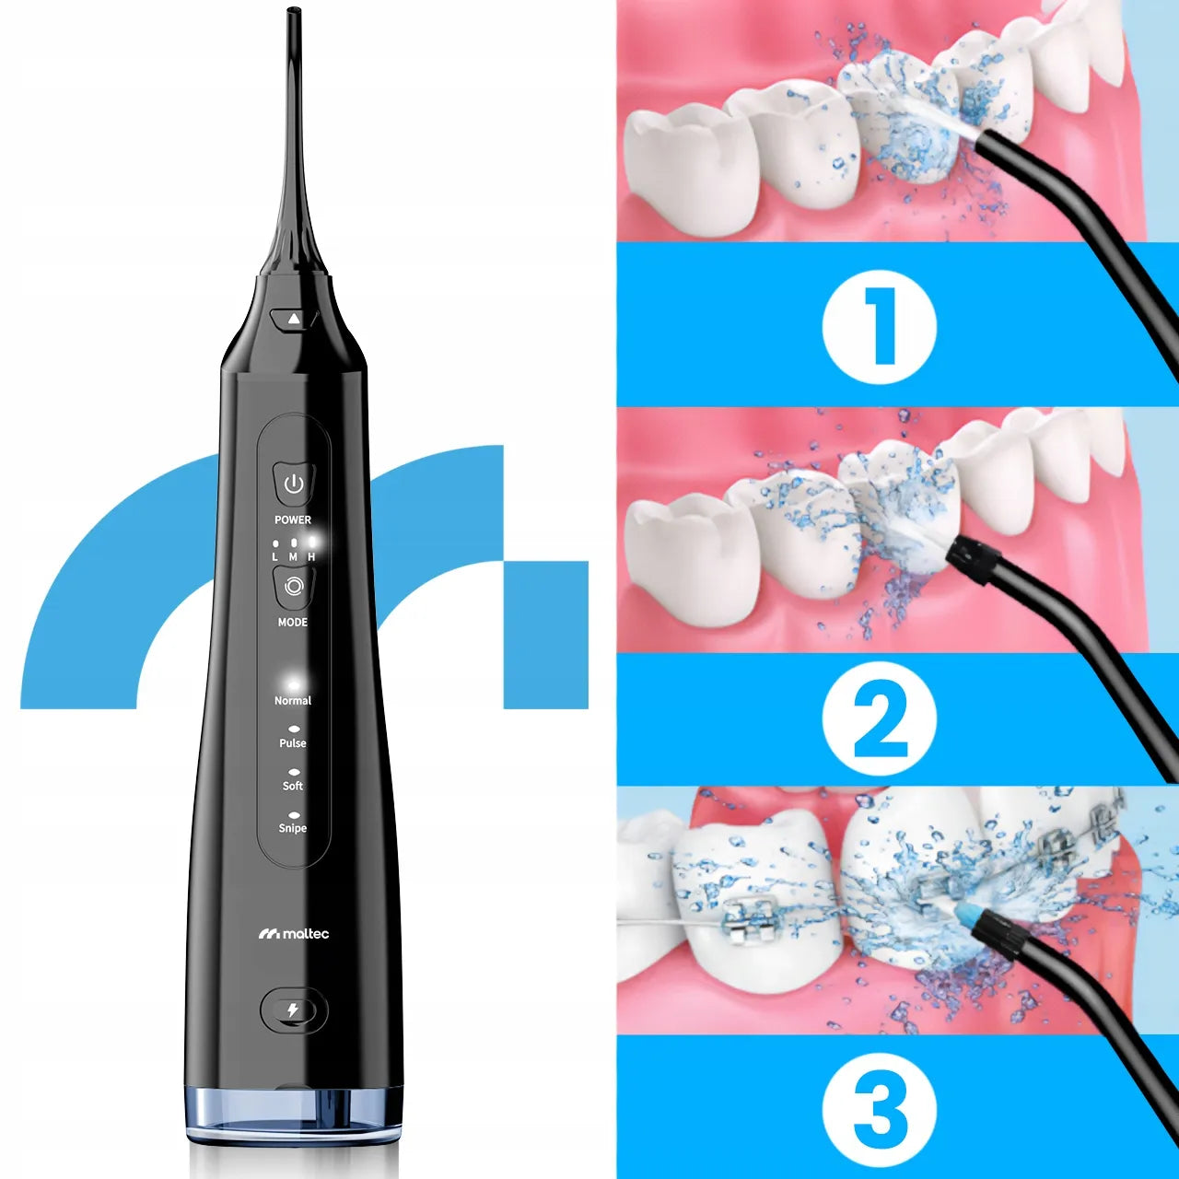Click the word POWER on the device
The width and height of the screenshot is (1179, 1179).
click(293, 520)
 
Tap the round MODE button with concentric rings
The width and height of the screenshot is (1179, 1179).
click(294, 587)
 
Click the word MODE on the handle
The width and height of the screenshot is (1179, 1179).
click(293, 623)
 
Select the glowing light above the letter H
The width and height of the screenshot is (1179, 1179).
click(312, 542)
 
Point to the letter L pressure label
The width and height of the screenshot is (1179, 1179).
click(275, 557)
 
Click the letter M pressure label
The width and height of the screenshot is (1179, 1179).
click(293, 557)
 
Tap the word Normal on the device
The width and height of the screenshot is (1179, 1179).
click(293, 701)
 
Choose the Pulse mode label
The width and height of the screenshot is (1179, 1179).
click(293, 743)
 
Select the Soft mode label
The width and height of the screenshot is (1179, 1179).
click(293, 786)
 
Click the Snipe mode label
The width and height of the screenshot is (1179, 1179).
click(293, 828)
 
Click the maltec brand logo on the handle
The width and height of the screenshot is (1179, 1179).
click(294, 934)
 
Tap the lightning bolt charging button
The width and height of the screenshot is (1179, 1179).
click(293, 1010)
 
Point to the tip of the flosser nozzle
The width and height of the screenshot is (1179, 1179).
click(295, 10)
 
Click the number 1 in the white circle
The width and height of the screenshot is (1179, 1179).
click(880, 327)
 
